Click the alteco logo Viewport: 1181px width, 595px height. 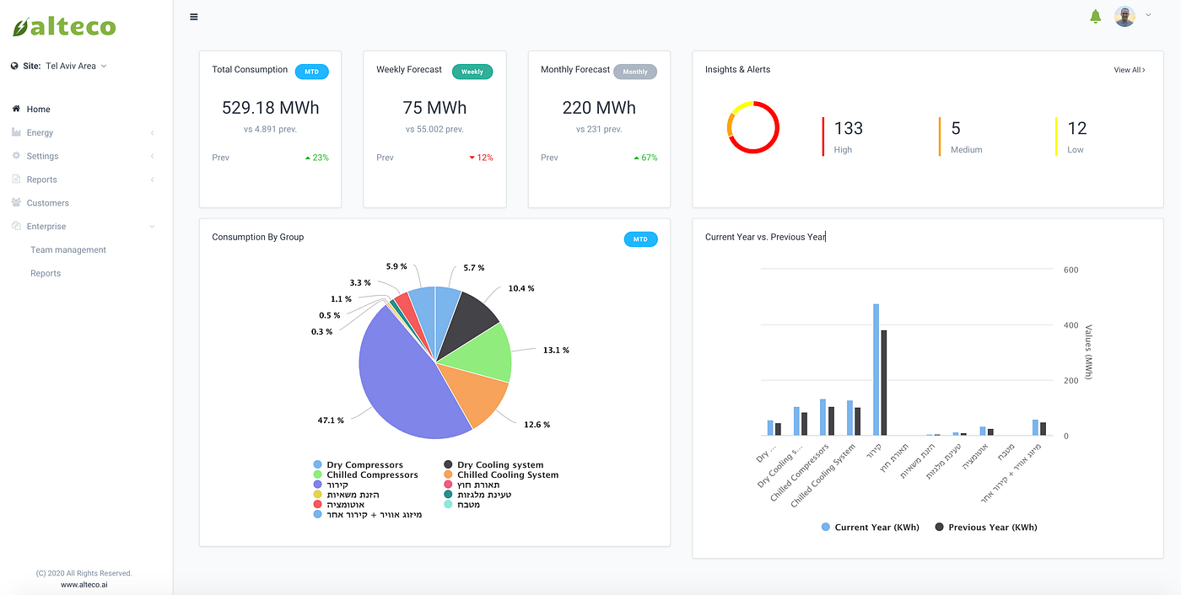click(64, 27)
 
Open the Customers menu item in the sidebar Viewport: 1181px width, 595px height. click(47, 203)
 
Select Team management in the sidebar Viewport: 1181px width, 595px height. click(68, 250)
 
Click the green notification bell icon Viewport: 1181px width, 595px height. click(1096, 16)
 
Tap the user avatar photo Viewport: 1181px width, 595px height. click(1124, 16)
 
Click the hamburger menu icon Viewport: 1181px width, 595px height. click(194, 16)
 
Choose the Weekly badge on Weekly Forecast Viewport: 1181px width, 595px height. click(472, 72)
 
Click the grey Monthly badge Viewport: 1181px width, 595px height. click(635, 72)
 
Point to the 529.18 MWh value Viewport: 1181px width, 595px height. click(271, 108)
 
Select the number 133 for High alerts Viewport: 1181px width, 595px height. click(849, 128)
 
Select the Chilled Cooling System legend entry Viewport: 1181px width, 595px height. click(507, 475)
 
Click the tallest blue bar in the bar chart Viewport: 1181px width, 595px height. click(876, 371)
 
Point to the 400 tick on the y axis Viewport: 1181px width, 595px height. click(1070, 325)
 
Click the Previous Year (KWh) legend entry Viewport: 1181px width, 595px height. click(992, 528)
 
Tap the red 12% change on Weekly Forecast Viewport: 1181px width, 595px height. click(482, 158)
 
